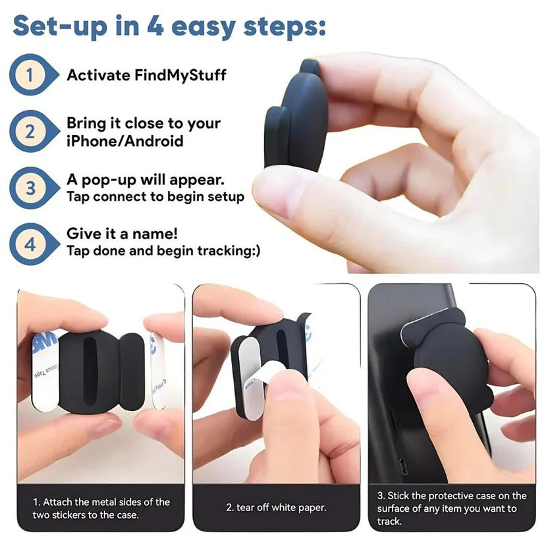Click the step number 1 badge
click(x=30, y=74)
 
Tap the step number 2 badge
click(x=30, y=131)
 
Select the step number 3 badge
click(x=30, y=188)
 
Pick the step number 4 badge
click(x=30, y=244)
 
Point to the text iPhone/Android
click(x=124, y=141)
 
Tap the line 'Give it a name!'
click(x=122, y=234)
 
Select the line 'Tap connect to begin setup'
click(x=155, y=197)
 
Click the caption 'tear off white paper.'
click(x=276, y=508)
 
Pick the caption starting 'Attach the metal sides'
click(x=101, y=508)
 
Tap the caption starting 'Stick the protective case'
click(x=452, y=508)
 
